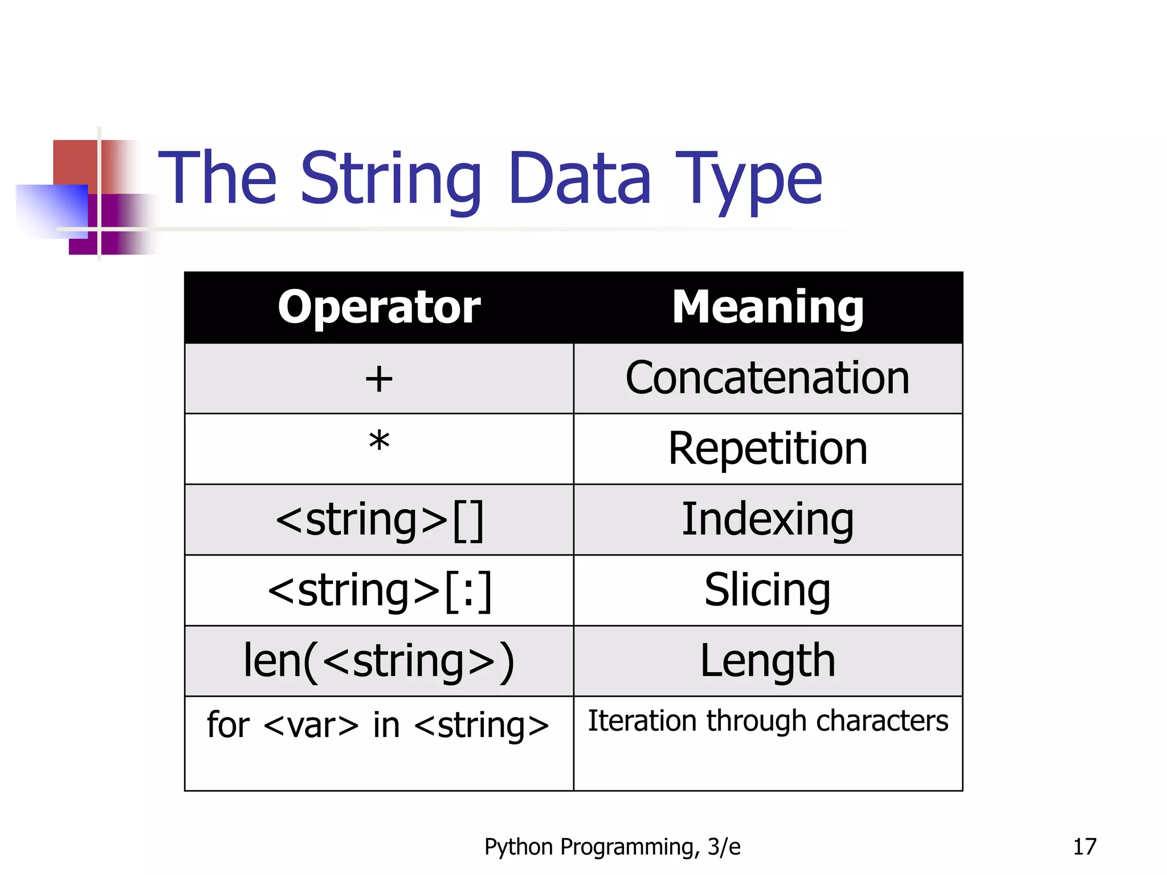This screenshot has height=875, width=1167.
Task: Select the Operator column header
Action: [x=379, y=307]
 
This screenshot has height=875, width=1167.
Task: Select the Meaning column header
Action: [x=768, y=307]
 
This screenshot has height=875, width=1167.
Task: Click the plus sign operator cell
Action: [x=379, y=379]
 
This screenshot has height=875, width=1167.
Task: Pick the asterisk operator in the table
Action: [x=379, y=442]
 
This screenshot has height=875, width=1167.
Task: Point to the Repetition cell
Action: [x=768, y=448]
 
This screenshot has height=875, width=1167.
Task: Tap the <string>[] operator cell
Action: [x=379, y=520]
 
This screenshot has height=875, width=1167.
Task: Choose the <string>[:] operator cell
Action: [x=379, y=590]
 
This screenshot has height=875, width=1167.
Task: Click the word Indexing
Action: [x=768, y=520]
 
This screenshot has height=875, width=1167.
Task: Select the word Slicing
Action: [x=768, y=590]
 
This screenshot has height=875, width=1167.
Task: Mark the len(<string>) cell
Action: [x=379, y=661]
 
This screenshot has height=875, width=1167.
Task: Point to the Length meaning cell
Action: [x=768, y=661]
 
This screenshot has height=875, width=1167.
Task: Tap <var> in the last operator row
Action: [x=311, y=726]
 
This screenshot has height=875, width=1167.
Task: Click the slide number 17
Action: [x=1084, y=847]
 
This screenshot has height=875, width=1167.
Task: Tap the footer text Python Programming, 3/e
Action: [x=612, y=847]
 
